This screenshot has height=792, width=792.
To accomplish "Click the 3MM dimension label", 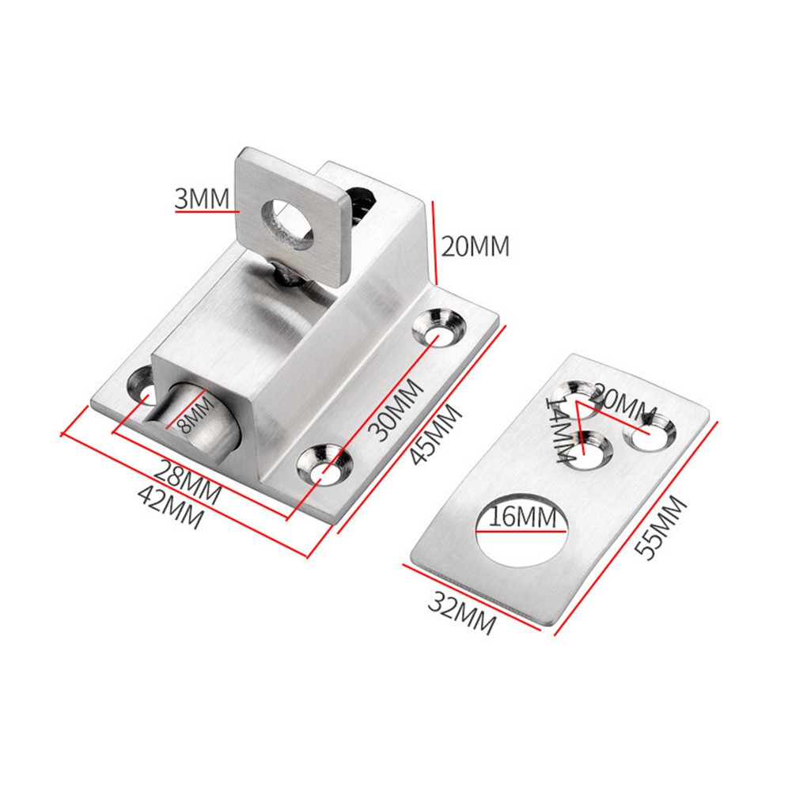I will coord(202,198).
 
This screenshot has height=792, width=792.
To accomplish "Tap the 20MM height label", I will coord(475,246).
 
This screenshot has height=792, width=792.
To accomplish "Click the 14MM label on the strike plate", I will coord(561,428).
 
